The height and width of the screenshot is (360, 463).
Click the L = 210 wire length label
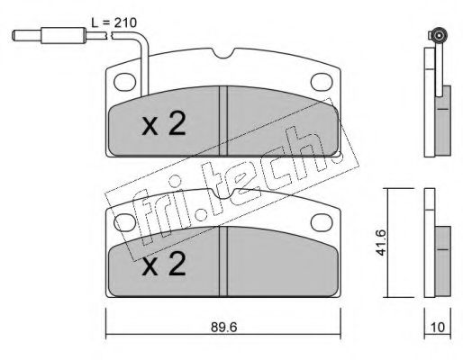click(x=113, y=22)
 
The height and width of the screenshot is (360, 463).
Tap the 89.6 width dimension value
click(x=224, y=328)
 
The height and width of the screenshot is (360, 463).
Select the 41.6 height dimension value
click(x=382, y=242)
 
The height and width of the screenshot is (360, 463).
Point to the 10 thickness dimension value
click(x=438, y=328)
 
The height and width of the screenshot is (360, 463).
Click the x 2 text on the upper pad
click(x=164, y=125)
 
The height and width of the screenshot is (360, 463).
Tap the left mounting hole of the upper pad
click(x=125, y=82)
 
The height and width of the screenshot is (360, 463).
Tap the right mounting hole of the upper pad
click(x=322, y=81)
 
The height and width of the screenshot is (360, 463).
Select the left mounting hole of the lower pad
click(x=124, y=222)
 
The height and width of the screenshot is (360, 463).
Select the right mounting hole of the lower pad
click(x=322, y=222)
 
